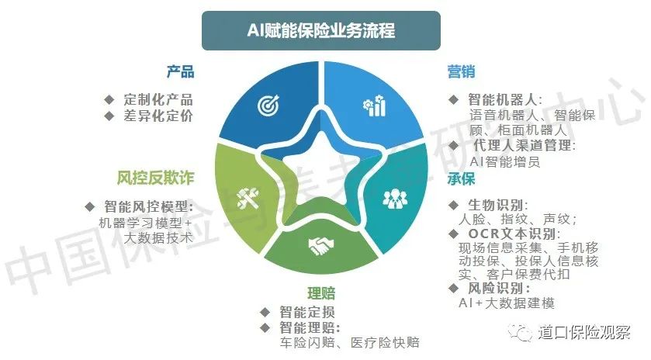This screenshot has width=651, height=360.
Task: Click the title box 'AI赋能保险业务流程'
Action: [321, 31]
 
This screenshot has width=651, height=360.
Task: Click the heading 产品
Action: [181, 72]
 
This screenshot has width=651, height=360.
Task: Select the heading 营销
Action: [461, 72]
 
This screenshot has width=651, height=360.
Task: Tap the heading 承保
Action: [461, 179]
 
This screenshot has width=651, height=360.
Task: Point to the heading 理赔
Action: [321, 293]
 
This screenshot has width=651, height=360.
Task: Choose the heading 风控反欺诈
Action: [155, 178]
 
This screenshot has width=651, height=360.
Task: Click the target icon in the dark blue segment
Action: [268, 105]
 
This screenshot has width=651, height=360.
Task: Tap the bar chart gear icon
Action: [375, 106]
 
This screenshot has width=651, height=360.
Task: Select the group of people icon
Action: [395, 199]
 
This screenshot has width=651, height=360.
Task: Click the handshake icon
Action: [321, 246]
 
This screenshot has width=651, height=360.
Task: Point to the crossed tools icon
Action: [248, 198]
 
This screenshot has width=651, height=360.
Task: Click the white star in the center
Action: [321, 170]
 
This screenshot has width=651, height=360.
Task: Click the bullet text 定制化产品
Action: [158, 99]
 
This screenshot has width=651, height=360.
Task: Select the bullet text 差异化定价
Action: [158, 116]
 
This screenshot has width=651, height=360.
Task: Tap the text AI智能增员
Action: [505, 161]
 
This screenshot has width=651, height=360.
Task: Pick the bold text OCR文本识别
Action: [514, 234]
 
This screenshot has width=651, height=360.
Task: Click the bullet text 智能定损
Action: [307, 312]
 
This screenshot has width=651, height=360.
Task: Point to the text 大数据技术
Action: [158, 238]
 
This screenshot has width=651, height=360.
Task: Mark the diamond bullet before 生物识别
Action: [453, 205]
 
